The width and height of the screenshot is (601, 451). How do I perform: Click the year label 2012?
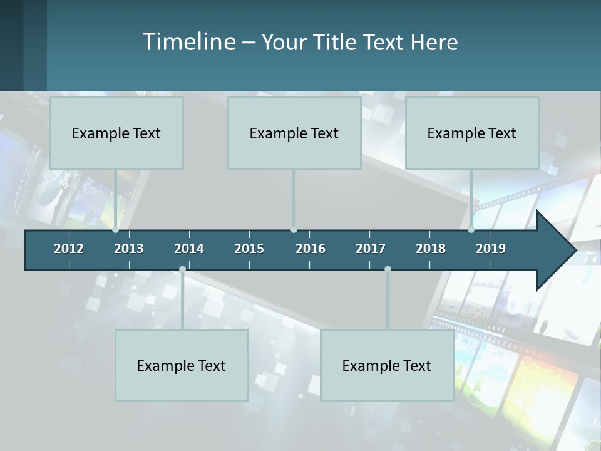click(69, 249)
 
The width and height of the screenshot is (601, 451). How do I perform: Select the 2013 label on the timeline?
click(129, 249)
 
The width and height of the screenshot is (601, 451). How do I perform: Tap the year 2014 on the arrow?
click(189, 249)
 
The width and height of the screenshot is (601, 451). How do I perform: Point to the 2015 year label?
click(249, 249)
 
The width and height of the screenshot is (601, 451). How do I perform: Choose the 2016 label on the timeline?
click(311, 249)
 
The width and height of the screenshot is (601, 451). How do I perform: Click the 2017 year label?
click(371, 249)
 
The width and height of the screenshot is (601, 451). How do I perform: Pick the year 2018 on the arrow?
click(431, 249)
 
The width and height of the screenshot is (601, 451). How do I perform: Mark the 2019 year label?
click(491, 249)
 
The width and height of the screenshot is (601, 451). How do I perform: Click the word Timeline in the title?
click(188, 41)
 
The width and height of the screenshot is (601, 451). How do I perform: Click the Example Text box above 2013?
click(116, 133)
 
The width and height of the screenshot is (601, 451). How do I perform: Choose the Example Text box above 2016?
click(294, 133)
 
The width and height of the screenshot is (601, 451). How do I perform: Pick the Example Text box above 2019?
click(472, 133)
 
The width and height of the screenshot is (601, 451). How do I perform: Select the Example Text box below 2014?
click(182, 365)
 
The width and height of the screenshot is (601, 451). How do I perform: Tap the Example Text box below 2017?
click(387, 365)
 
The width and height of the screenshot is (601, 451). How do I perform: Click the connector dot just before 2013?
click(116, 230)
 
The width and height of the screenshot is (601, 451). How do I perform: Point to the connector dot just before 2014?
click(182, 269)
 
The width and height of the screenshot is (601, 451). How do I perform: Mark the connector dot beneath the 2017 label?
click(388, 269)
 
